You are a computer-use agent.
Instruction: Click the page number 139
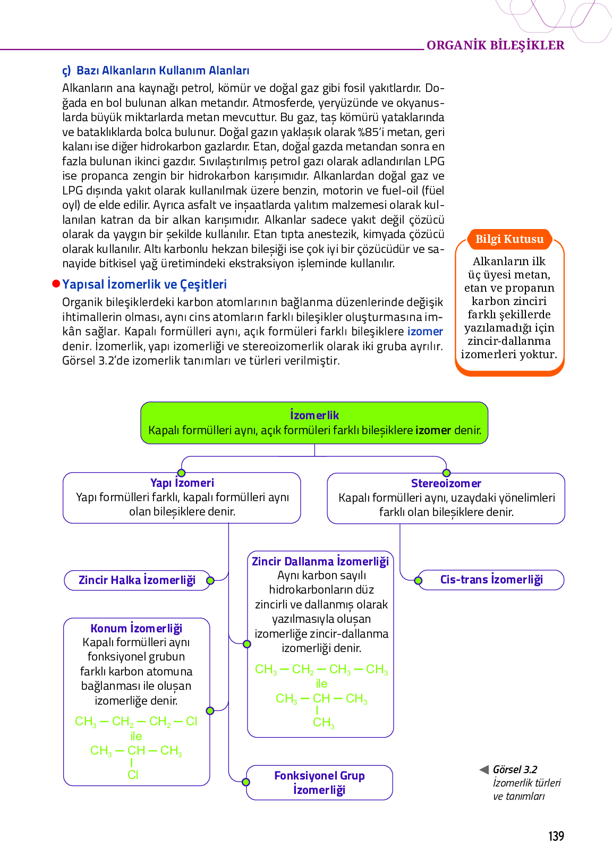[x=556, y=836]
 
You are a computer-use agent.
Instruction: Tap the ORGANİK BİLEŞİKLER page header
[x=495, y=45]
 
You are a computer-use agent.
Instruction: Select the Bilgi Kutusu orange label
[x=509, y=239]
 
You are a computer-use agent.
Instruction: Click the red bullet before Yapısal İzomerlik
[x=56, y=284]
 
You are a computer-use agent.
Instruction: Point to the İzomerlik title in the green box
[x=314, y=415]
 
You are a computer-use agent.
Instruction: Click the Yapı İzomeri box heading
[x=182, y=483]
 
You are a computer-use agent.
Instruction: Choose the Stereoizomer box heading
[x=446, y=483]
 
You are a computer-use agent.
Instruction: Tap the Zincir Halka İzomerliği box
[x=137, y=580]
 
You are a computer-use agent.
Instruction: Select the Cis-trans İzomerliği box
[x=491, y=579]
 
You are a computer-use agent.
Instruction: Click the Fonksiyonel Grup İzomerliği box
[x=319, y=782]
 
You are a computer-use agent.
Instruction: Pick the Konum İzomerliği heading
[x=137, y=628]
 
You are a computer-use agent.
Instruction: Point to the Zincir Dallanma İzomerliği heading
[x=320, y=561]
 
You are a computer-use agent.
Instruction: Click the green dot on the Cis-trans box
[x=418, y=580]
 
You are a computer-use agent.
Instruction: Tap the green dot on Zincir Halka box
[x=210, y=580]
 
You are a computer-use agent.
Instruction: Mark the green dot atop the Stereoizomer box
[x=446, y=473]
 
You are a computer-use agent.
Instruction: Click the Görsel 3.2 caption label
[x=515, y=769]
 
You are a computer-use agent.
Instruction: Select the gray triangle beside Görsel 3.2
[x=484, y=769]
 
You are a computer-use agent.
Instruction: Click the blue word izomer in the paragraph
[x=425, y=332]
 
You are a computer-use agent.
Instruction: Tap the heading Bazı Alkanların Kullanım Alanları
[x=163, y=71]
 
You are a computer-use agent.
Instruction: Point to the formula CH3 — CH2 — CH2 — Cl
[x=136, y=721]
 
